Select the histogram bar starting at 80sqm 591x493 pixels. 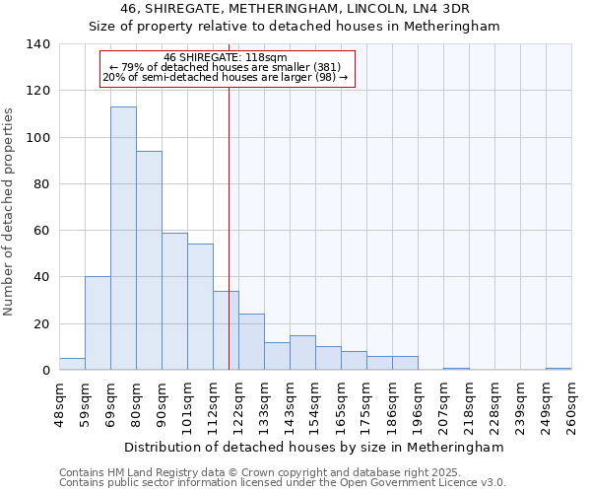coord(149,261)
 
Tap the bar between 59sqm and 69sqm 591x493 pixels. coord(98,323)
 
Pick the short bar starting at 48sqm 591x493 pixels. coord(72,364)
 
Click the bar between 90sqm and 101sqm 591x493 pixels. coord(174,302)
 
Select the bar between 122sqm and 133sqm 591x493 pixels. coord(251,342)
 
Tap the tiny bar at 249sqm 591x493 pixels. coord(558,369)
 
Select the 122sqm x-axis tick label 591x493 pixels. coord(238,405)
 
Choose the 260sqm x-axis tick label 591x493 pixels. coord(571,405)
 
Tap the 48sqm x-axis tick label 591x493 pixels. coord(59,405)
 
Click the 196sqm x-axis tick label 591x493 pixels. coord(418,405)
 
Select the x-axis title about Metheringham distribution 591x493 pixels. coord(315,447)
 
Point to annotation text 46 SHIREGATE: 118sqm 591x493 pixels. coord(226,57)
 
